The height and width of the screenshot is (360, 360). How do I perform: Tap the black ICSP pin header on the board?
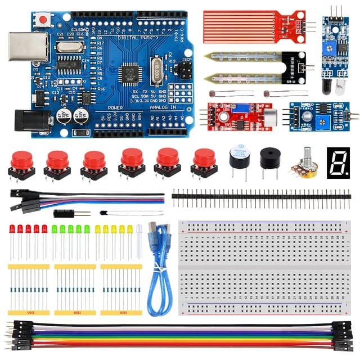(183, 71)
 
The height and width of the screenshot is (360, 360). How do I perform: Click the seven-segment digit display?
(337, 162)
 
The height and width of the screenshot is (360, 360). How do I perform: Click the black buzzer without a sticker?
(269, 159)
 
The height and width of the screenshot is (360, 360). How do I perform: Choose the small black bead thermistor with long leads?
(103, 213)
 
